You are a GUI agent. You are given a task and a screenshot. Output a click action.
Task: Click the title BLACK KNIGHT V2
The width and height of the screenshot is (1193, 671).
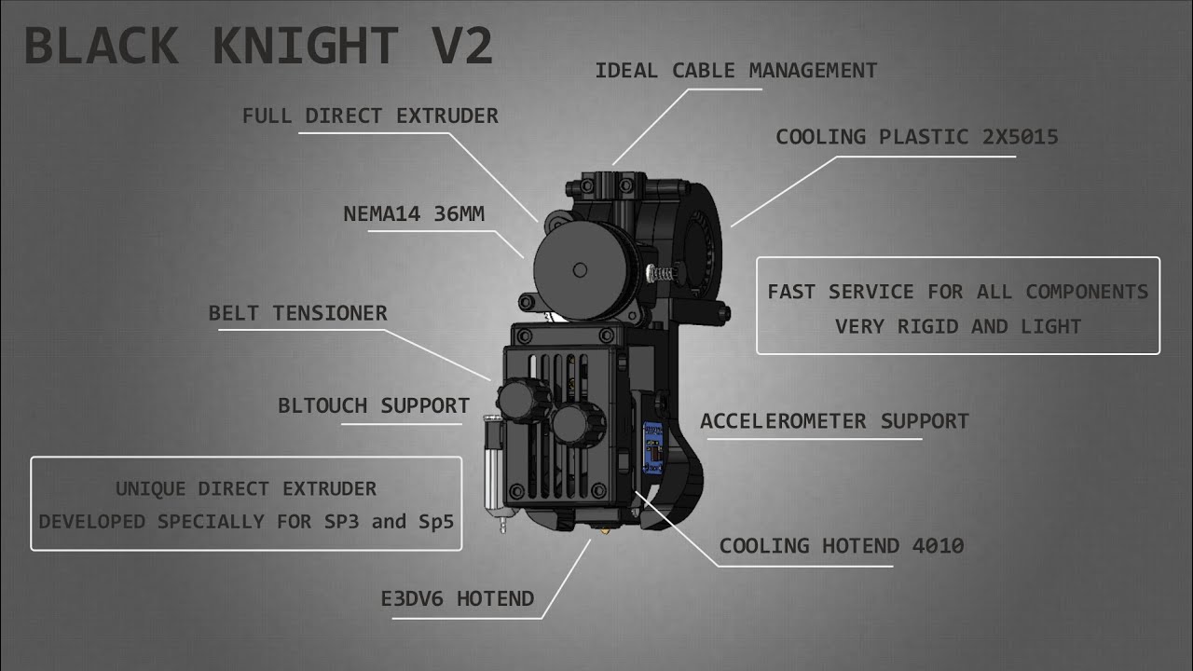(259, 46)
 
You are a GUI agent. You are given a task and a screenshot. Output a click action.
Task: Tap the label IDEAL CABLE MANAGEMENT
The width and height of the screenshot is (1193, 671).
(736, 71)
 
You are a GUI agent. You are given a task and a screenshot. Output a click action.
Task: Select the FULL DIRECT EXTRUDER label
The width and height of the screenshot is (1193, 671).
(370, 116)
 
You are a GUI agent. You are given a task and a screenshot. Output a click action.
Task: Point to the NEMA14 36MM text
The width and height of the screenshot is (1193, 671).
(414, 214)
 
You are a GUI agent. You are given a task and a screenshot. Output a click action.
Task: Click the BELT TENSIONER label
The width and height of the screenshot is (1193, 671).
(297, 313)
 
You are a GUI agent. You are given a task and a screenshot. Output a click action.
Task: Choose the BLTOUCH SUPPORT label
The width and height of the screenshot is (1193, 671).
(374, 405)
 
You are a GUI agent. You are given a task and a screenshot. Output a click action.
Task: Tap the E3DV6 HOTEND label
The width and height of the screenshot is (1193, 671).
(458, 599)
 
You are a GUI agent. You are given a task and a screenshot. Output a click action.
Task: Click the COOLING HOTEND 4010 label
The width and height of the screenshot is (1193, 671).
(842, 546)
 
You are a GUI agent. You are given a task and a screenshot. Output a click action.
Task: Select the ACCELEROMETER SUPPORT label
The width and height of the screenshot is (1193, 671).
(834, 421)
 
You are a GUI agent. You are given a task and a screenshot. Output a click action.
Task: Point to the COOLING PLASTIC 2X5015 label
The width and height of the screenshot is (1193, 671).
(917, 137)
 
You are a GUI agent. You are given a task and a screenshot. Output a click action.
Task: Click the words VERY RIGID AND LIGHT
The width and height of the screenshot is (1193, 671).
(958, 326)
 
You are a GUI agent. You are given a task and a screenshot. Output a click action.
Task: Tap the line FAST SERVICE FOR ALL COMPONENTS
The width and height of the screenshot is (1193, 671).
(957, 292)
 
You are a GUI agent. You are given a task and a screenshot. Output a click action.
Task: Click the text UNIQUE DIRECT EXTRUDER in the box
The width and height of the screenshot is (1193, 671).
(246, 489)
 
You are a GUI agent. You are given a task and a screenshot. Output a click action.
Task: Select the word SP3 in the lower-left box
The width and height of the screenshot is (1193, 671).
(341, 522)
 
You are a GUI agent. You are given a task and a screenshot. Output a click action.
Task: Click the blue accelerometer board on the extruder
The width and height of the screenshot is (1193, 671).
(653, 447)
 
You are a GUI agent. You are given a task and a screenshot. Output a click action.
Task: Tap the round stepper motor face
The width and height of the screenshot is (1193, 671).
(580, 270)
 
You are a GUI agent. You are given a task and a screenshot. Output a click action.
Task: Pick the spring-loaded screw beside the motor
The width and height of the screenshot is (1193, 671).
(661, 274)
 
